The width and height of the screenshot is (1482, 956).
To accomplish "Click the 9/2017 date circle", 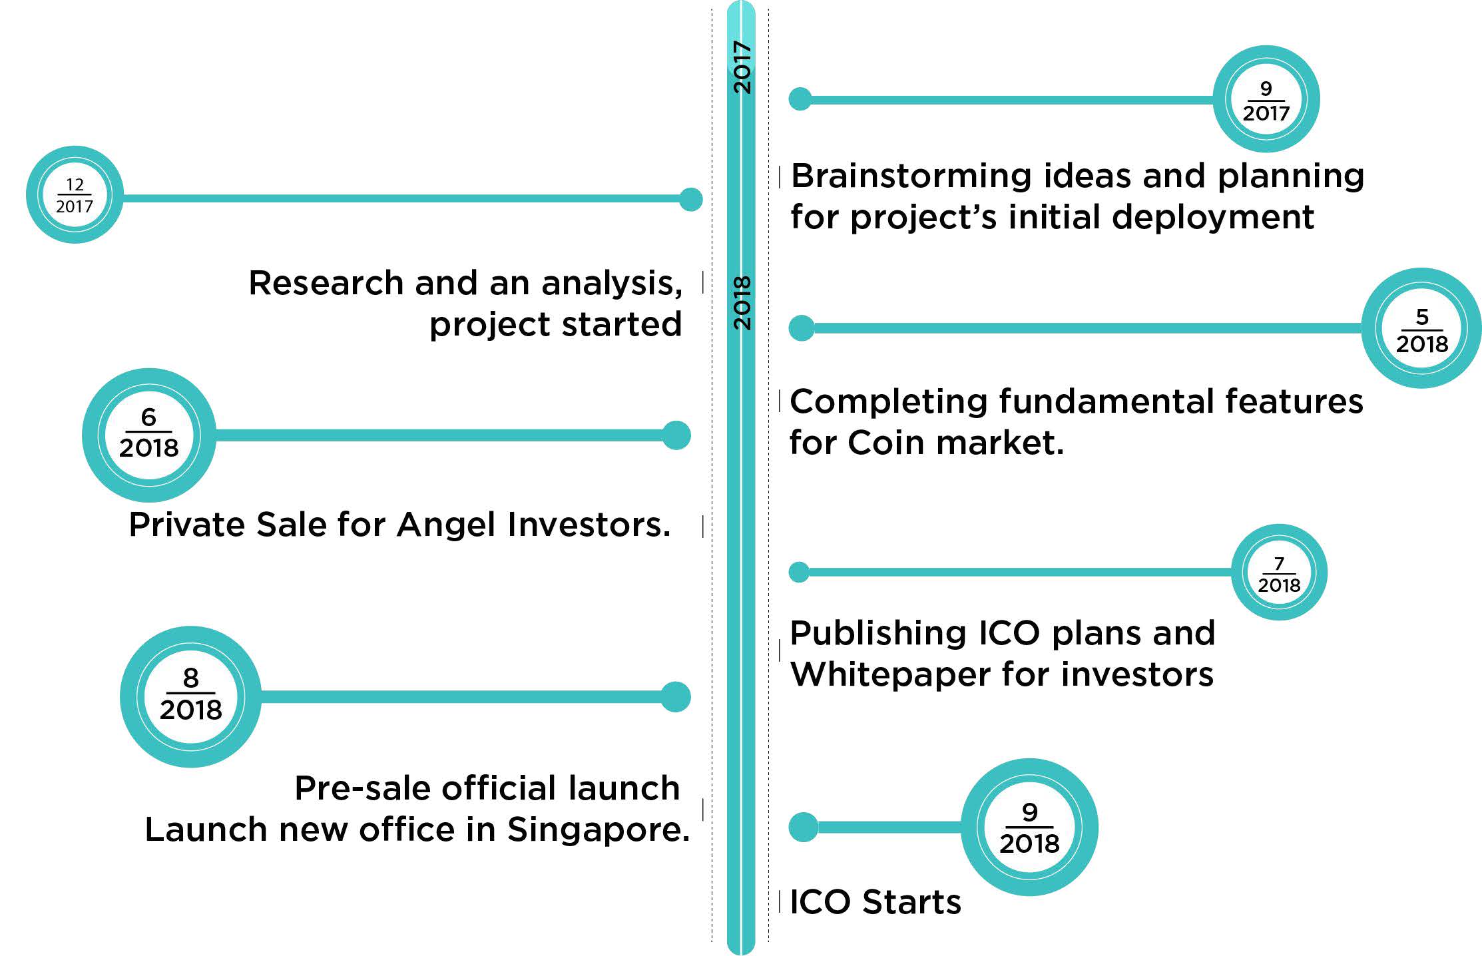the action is click(1266, 99).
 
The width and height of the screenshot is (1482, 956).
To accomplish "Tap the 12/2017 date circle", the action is click(75, 194).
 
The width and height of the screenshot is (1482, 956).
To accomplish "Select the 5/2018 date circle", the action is click(1421, 328).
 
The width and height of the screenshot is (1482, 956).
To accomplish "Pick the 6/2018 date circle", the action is click(149, 435).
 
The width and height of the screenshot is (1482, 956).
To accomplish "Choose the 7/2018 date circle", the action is click(1279, 573).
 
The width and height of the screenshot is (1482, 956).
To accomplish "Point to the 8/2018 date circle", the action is click(190, 696).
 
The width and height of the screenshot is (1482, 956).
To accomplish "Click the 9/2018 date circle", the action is click(1029, 827).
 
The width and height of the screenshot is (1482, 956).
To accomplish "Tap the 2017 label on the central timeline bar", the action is click(742, 67).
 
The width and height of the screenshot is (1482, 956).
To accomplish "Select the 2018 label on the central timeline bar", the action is click(742, 303).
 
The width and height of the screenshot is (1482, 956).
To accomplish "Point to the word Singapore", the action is click(598, 830).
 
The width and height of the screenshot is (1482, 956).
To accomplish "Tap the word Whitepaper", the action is click(889, 675).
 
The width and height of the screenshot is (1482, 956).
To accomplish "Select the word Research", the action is click(326, 283).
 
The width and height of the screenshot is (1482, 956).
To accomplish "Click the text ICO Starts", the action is click(875, 902).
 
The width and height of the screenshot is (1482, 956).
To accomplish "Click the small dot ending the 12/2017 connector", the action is click(691, 199).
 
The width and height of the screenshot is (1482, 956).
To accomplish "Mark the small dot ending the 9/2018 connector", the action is click(803, 827).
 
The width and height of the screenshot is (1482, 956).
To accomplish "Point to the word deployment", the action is click(1213, 218).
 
